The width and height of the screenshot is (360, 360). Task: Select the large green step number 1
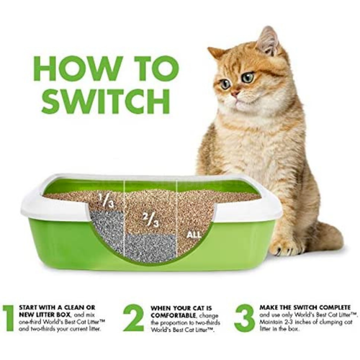tap(8, 317)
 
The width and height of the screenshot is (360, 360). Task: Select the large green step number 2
tap(133, 317)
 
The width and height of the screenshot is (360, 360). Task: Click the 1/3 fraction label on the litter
tap(105, 202)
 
